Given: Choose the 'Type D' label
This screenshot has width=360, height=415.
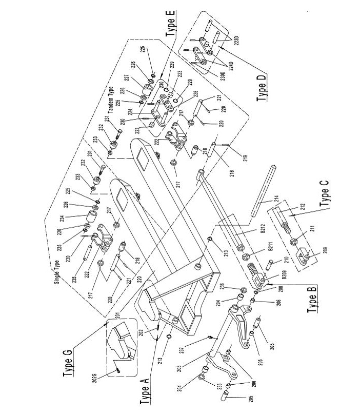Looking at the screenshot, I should pyautogui.click(x=263, y=87).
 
